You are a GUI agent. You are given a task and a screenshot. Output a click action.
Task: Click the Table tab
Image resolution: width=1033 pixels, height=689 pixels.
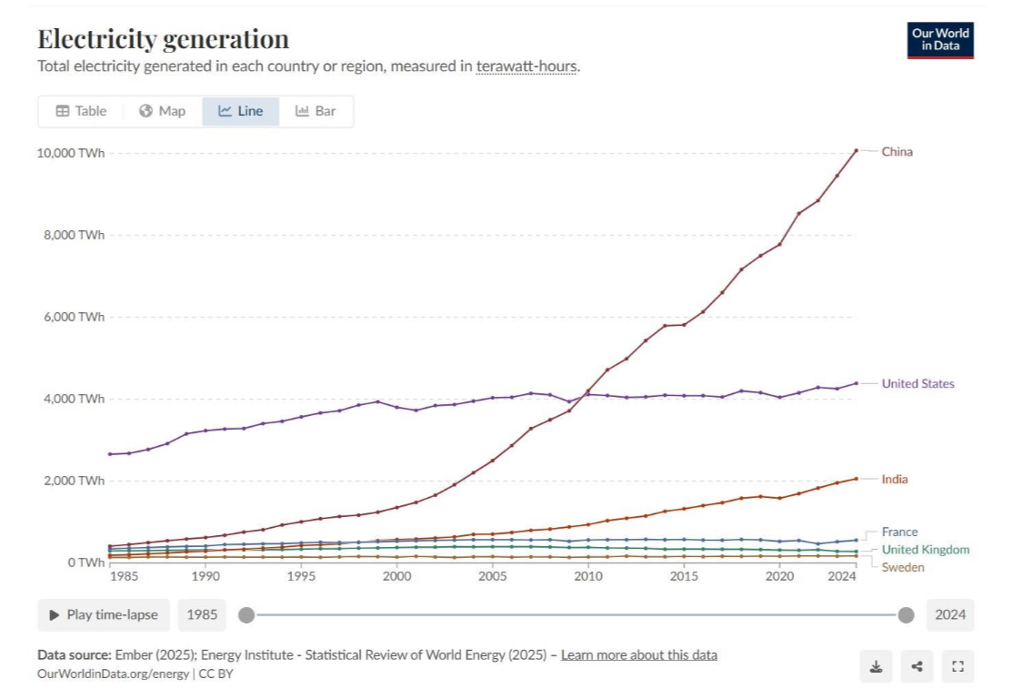point(81,111)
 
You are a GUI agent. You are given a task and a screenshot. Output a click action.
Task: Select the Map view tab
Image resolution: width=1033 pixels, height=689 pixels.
point(162,111)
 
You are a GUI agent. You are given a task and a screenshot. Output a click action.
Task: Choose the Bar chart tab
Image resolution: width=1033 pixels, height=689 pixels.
point(316,111)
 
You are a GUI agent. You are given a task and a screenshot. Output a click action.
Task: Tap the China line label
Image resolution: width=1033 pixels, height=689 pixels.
point(897,152)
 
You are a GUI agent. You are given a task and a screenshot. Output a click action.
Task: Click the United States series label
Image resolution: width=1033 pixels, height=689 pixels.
point(918,384)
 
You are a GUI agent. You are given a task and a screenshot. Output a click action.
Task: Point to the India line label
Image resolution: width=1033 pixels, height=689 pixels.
point(894,480)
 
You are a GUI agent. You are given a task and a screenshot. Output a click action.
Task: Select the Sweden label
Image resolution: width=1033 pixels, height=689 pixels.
point(902,568)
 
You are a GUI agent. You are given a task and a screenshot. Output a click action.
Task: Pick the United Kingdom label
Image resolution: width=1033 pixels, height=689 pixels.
point(925,550)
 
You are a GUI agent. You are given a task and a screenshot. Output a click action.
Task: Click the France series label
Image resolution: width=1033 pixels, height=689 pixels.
point(899,532)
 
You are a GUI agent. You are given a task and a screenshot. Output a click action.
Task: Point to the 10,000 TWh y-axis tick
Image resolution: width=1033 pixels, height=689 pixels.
point(71,153)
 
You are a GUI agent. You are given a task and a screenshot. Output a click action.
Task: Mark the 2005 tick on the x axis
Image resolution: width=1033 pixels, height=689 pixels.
point(492,577)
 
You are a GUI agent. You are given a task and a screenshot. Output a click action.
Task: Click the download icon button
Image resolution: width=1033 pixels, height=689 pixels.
point(876,666)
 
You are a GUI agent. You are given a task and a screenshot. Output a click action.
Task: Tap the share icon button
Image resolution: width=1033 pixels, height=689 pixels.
point(917,666)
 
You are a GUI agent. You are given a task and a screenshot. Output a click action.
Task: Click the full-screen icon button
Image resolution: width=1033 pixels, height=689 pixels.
point(958,666)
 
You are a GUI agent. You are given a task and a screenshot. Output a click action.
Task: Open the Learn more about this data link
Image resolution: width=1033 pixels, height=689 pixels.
point(638,655)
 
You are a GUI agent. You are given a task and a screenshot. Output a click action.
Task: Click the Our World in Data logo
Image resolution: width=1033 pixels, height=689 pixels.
point(940,40)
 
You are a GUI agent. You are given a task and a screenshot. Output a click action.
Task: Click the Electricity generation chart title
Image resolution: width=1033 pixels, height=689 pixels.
point(163,39)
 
